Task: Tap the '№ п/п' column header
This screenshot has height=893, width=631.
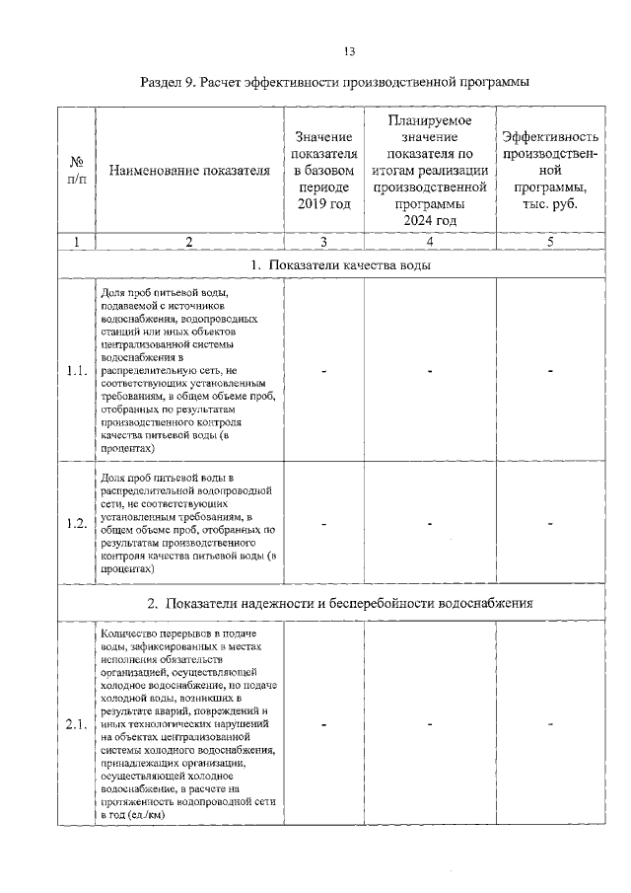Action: coord(75,170)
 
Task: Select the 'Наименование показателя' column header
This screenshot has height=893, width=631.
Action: coord(188,170)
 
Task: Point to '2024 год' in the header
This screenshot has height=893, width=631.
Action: coord(430,220)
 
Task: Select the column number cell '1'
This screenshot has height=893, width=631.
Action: coord(75,241)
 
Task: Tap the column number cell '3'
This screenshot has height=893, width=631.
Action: coord(323,241)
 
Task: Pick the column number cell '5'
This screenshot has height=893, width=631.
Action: coord(550,241)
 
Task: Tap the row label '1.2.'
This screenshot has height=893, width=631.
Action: coord(76,523)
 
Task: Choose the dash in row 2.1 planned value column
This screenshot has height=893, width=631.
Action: coord(430,725)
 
